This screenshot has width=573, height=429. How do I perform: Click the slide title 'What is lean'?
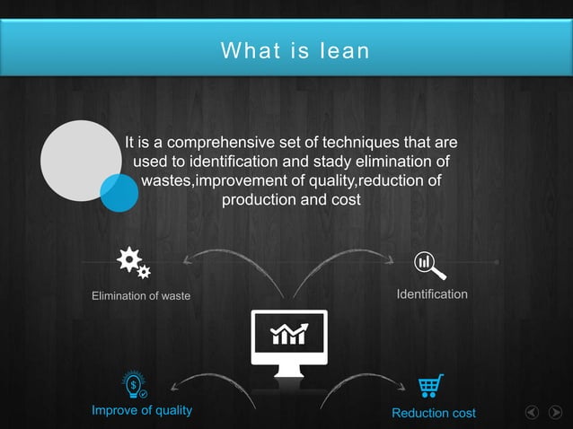click(295, 50)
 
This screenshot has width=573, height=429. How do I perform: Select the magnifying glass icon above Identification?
click(429, 265)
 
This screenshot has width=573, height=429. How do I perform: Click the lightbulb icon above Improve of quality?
click(135, 385)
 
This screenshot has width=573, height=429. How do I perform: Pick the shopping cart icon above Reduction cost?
click(430, 386)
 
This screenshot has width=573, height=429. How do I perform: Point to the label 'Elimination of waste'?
click(141, 296)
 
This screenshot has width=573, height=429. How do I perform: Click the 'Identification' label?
click(432, 294)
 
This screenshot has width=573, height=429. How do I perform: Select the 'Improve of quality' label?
click(142, 410)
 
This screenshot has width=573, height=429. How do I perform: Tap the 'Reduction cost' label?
click(434, 413)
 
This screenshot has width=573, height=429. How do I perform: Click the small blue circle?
click(119, 192)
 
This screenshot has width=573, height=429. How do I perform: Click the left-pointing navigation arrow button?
click(533, 413)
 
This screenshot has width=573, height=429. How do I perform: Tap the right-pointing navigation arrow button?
click(555, 413)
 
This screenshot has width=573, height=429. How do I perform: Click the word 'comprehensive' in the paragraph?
click(217, 143)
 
